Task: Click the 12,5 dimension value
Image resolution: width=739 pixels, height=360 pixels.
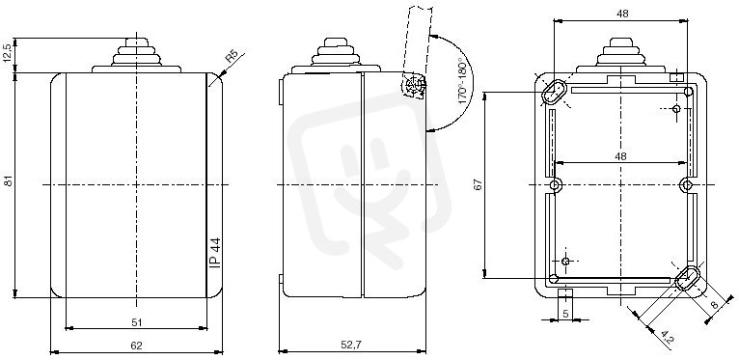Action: pos(8,55)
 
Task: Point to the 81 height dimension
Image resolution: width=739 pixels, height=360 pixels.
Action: pos(8,180)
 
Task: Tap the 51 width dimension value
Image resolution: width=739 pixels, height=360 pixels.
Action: pos(136,322)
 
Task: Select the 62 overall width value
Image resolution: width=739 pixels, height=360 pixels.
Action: pos(136,346)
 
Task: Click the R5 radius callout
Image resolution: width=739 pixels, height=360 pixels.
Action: pos(231,57)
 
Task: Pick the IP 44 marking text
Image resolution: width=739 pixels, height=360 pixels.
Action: pos(215,253)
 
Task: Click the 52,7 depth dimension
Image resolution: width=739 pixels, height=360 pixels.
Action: pos(350,345)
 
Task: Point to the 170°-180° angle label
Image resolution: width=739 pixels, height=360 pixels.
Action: pos(464,83)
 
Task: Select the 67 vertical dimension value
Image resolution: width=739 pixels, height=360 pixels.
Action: pos(479,185)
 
